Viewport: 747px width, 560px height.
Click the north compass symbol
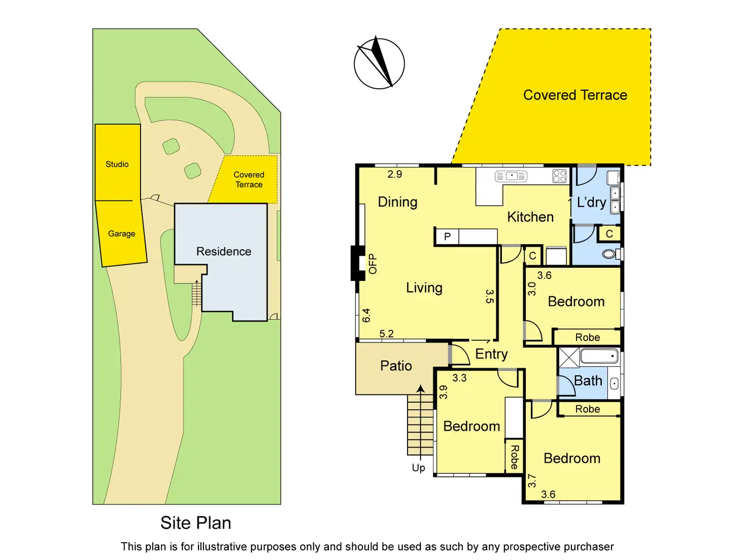(x=379, y=63)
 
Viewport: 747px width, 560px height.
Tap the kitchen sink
(x=511, y=176)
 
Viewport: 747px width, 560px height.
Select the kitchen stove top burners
(x=559, y=176)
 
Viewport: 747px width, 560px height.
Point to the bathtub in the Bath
(x=599, y=356)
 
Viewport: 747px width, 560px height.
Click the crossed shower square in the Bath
(x=569, y=358)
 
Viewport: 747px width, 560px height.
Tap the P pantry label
(x=447, y=236)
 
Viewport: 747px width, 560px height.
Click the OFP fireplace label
(x=373, y=264)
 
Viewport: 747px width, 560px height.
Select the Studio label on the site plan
(x=117, y=164)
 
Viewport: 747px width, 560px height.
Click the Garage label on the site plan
(x=122, y=234)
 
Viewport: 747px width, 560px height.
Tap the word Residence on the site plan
(x=224, y=252)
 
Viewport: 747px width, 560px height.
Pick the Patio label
(x=396, y=366)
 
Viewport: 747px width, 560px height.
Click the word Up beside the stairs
(x=419, y=468)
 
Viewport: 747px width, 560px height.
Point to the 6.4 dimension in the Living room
(x=366, y=316)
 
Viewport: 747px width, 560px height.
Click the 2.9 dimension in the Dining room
(x=395, y=174)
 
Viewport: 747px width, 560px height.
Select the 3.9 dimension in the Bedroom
(x=444, y=392)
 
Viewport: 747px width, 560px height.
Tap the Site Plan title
(x=196, y=523)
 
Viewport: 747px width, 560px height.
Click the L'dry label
(x=592, y=202)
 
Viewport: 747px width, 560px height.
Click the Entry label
(x=491, y=354)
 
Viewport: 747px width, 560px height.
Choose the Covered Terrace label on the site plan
(x=249, y=180)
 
